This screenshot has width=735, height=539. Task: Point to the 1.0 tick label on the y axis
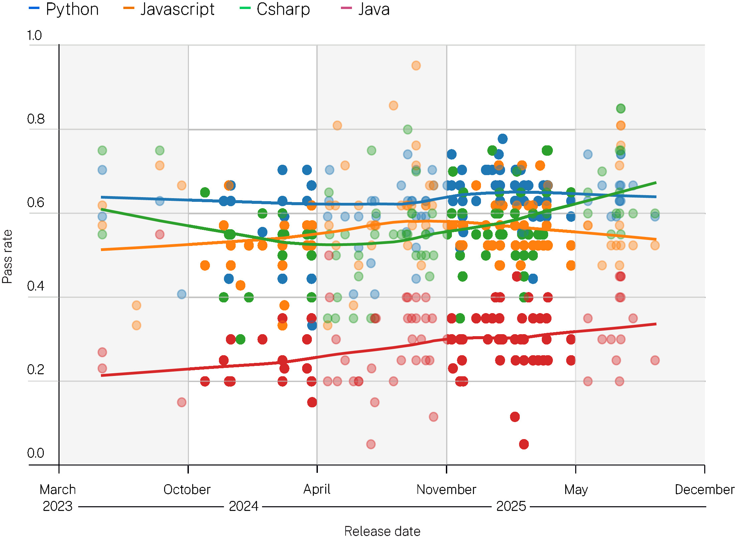tap(34, 35)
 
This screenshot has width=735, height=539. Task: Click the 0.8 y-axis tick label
tap(36, 119)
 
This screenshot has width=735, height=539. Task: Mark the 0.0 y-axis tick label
tap(35, 453)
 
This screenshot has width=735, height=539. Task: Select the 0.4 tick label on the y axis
tap(35, 286)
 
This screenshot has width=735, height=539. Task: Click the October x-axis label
tap(187, 490)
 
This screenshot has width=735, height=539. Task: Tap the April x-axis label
tap(317, 489)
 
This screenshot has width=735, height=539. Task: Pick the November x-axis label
tap(446, 490)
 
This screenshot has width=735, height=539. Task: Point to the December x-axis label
tap(704, 490)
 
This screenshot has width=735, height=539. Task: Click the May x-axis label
tap(576, 490)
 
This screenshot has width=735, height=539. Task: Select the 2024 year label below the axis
tap(243, 506)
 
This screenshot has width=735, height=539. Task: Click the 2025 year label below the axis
tap(511, 506)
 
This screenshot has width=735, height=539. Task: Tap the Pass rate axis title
tap(7, 257)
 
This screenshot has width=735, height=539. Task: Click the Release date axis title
tap(382, 531)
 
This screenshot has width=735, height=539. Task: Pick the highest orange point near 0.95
tap(416, 65)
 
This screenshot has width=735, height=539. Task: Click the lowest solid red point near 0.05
tap(524, 444)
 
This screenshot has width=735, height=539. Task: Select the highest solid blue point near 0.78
tap(502, 139)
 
